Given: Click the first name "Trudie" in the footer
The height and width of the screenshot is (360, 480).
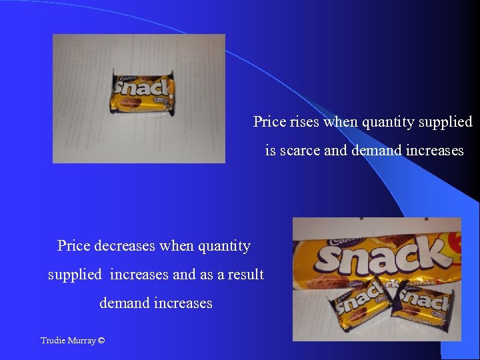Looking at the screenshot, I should click(x=52, y=341).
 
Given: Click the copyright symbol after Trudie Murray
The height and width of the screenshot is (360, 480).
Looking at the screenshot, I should click(x=101, y=341).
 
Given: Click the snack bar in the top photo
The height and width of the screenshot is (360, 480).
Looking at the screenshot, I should click(x=142, y=92).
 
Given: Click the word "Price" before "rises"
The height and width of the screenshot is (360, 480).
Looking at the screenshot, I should click(x=268, y=122).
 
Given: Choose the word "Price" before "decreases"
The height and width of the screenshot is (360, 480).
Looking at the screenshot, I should click(x=73, y=246).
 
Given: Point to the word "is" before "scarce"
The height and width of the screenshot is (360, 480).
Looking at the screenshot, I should click(x=270, y=151).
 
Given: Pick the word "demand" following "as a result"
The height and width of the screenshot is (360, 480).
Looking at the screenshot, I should click(x=124, y=303).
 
